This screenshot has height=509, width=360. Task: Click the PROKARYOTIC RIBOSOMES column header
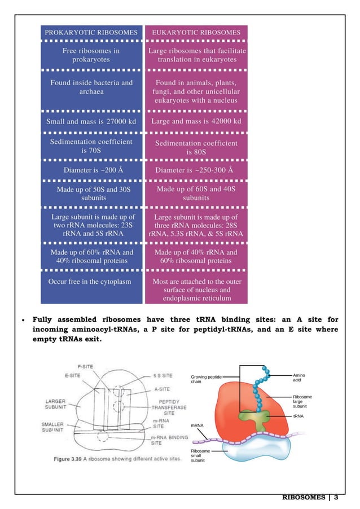pos(91,33)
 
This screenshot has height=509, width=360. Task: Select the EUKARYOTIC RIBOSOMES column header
pos(197,33)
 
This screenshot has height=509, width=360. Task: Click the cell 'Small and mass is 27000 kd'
pos(91,121)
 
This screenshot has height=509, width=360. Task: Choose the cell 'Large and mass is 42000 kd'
pos(197,121)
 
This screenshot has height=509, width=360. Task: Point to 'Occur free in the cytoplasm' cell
pos(90,281)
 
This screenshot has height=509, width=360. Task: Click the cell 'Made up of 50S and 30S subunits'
pos(93,194)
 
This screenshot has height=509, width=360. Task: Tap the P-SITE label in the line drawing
pos(86,366)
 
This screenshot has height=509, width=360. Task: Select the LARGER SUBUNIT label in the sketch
pos(57,405)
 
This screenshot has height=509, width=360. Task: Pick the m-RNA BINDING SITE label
pos(169,440)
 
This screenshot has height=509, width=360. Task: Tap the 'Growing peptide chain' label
pos(207,378)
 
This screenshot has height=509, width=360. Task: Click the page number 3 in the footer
pos(336,497)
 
